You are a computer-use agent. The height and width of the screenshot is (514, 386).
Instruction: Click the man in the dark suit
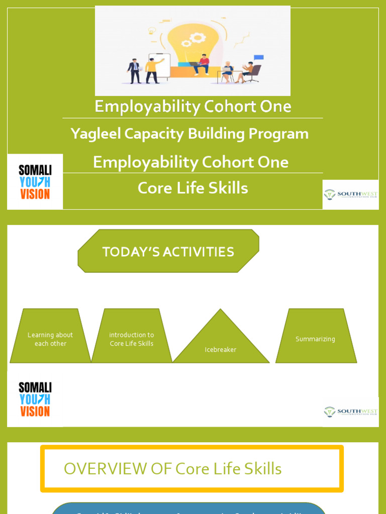click(134, 71)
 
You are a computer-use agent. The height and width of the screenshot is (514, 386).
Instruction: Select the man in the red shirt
click(203, 64)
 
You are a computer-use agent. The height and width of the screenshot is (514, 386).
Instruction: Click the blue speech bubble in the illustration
click(258, 58)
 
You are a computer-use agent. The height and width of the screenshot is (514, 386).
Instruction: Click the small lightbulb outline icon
click(152, 31)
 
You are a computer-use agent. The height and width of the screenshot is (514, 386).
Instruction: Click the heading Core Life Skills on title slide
click(192, 188)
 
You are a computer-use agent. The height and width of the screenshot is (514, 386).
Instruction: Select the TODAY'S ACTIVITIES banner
click(168, 251)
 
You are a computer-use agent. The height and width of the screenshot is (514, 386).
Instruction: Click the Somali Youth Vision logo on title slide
click(35, 182)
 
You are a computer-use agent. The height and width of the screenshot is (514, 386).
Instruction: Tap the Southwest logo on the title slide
click(350, 194)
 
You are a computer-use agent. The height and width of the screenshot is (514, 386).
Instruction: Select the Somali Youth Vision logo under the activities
click(35, 399)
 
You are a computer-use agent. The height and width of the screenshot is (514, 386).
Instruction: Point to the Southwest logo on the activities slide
click(350, 412)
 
